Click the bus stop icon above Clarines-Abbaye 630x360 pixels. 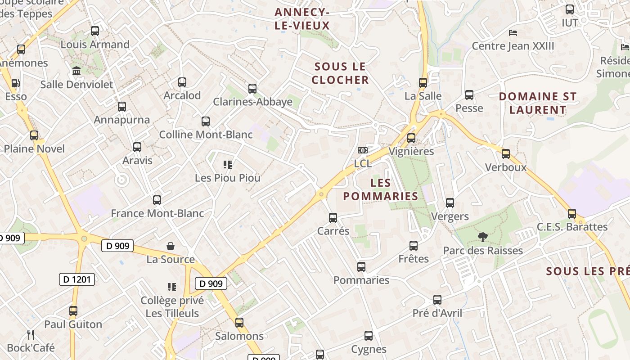[252, 89]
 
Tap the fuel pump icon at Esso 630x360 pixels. [16, 83]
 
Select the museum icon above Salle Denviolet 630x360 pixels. [76, 71]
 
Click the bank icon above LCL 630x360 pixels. [363, 150]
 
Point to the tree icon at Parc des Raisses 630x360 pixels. [483, 237]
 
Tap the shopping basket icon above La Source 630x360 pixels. [171, 246]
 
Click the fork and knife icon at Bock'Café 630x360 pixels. [31, 334]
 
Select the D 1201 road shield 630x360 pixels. [77, 279]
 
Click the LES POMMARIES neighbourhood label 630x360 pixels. [381, 189]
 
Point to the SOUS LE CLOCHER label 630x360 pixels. [340, 73]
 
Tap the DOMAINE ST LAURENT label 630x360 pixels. [538, 103]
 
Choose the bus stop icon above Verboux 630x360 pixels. [506, 154]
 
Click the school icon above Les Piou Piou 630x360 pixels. [228, 165]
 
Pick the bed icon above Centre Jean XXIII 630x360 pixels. [513, 33]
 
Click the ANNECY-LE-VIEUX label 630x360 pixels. [302, 19]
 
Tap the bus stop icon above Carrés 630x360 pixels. [333, 218]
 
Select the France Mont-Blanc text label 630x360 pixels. [157, 213]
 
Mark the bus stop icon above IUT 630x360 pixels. [570, 9]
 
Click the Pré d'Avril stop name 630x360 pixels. [437, 313]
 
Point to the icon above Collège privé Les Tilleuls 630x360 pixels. [171, 287]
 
